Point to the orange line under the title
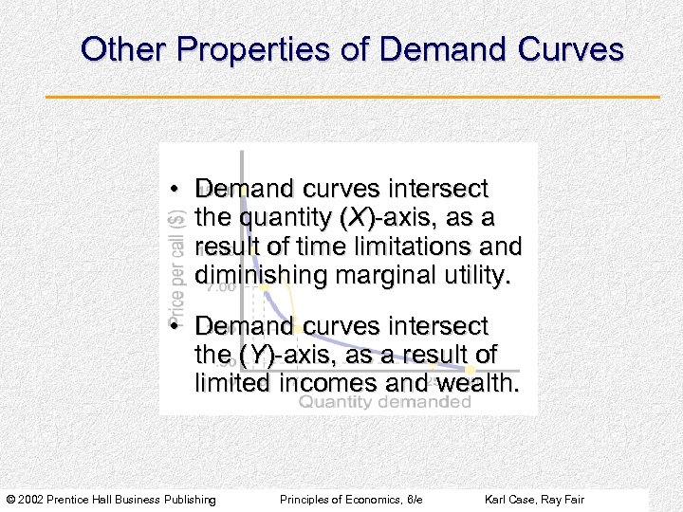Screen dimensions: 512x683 click(352, 97)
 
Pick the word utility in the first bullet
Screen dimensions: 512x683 click(474, 275)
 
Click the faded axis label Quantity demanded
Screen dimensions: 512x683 click(384, 402)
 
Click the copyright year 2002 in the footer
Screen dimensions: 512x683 click(31, 499)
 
